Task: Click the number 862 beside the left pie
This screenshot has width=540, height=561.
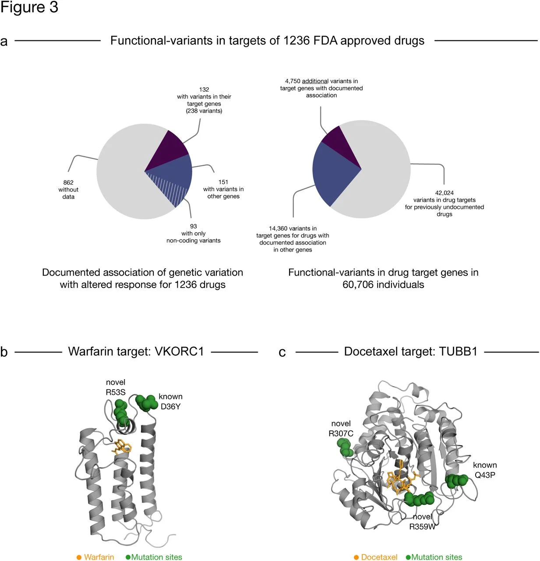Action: coord(68,182)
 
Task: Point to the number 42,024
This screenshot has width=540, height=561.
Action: coord(444,193)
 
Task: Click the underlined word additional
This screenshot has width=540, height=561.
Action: coord(315,81)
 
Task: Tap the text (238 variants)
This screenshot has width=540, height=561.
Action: coord(204,111)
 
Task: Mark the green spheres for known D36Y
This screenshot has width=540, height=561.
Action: coord(146,402)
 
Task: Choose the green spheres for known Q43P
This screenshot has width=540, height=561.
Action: coord(456,480)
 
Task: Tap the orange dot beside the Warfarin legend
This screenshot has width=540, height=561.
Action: coord(79,557)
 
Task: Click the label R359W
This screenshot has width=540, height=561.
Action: coord(422,526)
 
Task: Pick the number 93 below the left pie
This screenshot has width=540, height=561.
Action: coord(194,226)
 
